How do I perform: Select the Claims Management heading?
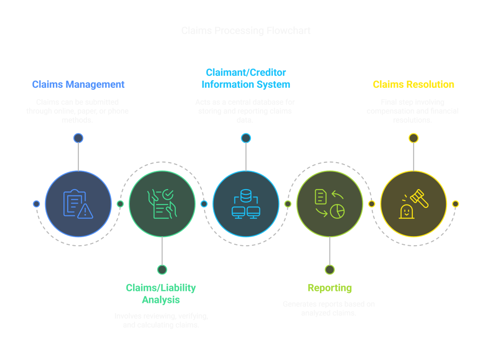tap(78, 84)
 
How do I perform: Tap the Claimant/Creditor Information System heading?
tap(246, 79)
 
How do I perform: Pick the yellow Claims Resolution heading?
tap(413, 84)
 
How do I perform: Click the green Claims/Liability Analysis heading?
tap(161, 294)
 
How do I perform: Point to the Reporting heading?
tap(330, 288)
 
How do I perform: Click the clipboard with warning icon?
tap(78, 204)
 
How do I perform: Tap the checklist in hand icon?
tap(162, 204)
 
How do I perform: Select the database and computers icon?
tap(246, 204)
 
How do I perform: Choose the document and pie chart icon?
tap(330, 204)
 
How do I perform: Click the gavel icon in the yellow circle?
tap(413, 204)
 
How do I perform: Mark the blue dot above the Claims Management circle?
tap(78, 138)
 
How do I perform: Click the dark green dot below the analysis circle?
tap(162, 270)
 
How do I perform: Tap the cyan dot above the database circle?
tap(246, 138)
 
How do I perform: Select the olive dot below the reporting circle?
tap(330, 270)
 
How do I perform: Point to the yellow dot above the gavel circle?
tap(413, 138)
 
